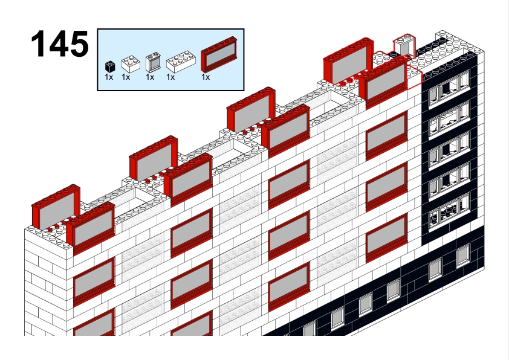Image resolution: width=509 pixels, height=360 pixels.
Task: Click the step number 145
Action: tap(60, 43)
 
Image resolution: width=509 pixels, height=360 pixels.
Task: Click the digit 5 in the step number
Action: tap(79, 43)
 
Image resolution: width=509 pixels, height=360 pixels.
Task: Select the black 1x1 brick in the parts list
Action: tap(110, 66)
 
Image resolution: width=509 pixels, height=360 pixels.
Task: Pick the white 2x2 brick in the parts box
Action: tap(131, 64)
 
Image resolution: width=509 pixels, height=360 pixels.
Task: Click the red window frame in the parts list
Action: tap(219, 54)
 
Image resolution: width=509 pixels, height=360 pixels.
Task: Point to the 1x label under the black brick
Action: tap(109, 77)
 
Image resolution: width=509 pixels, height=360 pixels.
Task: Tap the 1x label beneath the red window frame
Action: tap(206, 77)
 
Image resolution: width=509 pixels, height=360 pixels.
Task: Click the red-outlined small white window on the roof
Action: tap(405, 45)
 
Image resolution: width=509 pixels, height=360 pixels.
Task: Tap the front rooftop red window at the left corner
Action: tap(91, 227)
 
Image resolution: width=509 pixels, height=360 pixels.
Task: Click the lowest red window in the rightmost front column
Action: tap(386, 239)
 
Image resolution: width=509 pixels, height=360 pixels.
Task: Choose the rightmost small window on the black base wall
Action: tap(463, 256)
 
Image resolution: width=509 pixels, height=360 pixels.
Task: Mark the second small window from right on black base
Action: tap(435, 269)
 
